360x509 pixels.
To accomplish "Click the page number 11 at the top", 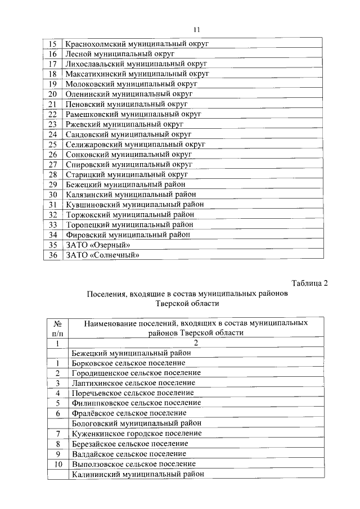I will pyautogui.click(x=196, y=30).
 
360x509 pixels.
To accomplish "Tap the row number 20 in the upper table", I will pyautogui.click(x=53, y=94).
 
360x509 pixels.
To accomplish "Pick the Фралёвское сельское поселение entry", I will pyautogui.click(x=129, y=413).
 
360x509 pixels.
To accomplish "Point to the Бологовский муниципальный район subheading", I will pyautogui.click(x=137, y=423).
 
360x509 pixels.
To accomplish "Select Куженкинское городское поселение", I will pyautogui.click(x=137, y=433).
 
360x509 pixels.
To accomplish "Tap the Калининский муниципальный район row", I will pyautogui.click(x=138, y=474).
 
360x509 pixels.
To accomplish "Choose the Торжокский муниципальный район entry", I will pyautogui.click(x=130, y=215).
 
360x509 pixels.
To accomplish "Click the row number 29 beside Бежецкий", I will pyautogui.click(x=53, y=184).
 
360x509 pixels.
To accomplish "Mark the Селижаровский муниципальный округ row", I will pyautogui.click(x=135, y=145).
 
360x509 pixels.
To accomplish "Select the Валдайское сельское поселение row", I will pyautogui.click(x=129, y=454).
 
